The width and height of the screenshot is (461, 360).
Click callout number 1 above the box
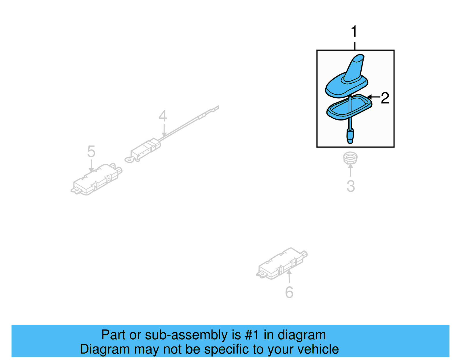[354, 31]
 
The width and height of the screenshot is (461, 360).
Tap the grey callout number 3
[351, 186]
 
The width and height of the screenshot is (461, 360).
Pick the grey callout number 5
[91, 152]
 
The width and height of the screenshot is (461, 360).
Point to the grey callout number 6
[289, 292]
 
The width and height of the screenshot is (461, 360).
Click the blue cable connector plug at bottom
[350, 136]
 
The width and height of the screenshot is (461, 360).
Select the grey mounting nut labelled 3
[350, 158]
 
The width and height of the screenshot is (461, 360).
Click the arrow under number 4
[164, 130]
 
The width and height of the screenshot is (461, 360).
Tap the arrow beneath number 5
[91, 166]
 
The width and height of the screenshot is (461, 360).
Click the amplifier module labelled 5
[97, 179]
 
